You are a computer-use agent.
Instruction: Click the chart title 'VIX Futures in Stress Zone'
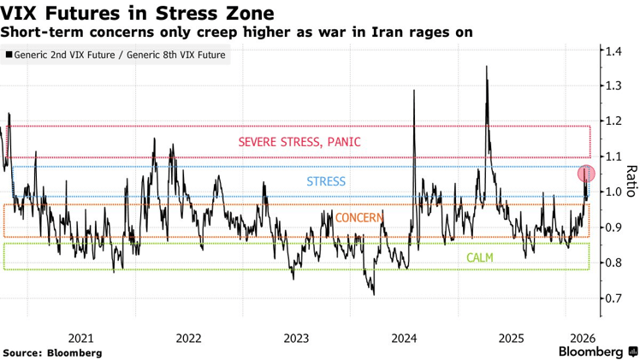point(138,13)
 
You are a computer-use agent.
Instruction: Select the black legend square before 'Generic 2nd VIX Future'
point(9,55)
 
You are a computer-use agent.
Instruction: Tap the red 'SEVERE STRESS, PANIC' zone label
point(299,142)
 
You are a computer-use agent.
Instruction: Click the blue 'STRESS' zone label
point(326,181)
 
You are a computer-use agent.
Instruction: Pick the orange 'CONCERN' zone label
point(359,218)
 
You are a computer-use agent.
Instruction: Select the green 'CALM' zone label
point(479,257)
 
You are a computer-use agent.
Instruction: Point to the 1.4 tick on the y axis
point(611,52)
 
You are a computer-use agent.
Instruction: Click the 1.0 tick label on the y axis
point(611,192)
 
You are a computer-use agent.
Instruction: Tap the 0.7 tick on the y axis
point(611,298)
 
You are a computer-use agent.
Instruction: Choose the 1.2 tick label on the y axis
point(611,122)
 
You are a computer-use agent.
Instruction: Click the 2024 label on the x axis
point(404,338)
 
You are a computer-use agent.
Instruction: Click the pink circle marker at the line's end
point(586,174)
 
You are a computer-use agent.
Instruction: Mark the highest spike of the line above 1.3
point(487,67)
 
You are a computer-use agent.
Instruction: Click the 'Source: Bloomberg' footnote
point(52,352)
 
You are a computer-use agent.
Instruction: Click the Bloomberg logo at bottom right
point(596,351)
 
